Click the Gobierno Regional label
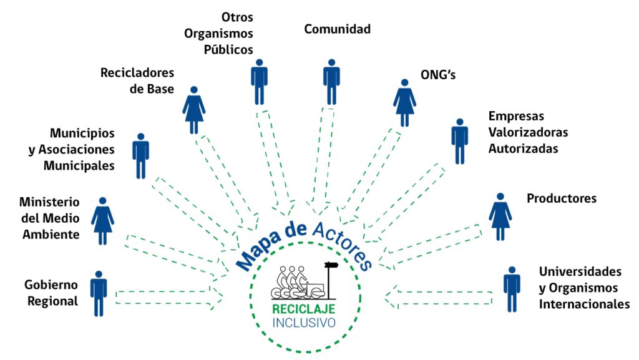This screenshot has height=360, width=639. pos(51,293)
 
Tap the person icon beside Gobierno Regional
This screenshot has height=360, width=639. pos(99,293)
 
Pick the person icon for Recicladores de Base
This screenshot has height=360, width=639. pos(194,110)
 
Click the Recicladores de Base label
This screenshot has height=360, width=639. pos(137,80)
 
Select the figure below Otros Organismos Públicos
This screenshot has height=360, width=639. pos(259,82)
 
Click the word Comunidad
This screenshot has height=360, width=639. pos(337,29)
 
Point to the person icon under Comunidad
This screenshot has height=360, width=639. pos(331,82)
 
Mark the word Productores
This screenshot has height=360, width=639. pos(562,198)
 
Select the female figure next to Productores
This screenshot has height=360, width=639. pos(500,216)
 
